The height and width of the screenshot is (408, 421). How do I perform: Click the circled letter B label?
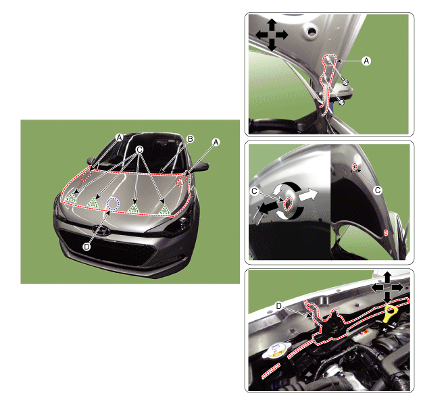[x=190, y=139]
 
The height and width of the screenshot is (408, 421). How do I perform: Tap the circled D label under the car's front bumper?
[x=86, y=247]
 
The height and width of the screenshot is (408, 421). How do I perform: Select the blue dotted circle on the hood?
[x=113, y=204]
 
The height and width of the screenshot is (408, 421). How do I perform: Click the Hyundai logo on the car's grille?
[x=101, y=230]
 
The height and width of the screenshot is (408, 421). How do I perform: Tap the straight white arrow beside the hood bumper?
[x=308, y=195]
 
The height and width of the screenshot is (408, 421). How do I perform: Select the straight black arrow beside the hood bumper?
[x=268, y=207]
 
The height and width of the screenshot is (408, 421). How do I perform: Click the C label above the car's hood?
[x=139, y=149]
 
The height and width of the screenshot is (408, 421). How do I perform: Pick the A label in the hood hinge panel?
[x=366, y=61]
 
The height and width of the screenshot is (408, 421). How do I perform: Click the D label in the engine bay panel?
[x=278, y=306]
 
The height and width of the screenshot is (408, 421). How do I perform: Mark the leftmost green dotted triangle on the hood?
[x=72, y=198]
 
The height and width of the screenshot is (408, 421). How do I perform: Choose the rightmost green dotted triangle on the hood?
[x=164, y=209]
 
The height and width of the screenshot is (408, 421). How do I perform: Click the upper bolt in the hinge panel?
[x=345, y=82]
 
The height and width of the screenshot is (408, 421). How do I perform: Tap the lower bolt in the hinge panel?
[x=341, y=102]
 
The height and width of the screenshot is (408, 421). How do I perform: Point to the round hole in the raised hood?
[x=312, y=31]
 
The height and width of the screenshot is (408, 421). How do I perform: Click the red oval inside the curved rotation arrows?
[x=288, y=203]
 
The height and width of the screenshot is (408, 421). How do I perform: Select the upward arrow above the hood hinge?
[x=272, y=24]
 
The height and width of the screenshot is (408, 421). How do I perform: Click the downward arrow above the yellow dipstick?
[x=387, y=297]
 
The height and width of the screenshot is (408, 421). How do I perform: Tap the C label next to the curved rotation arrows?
[x=254, y=191]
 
